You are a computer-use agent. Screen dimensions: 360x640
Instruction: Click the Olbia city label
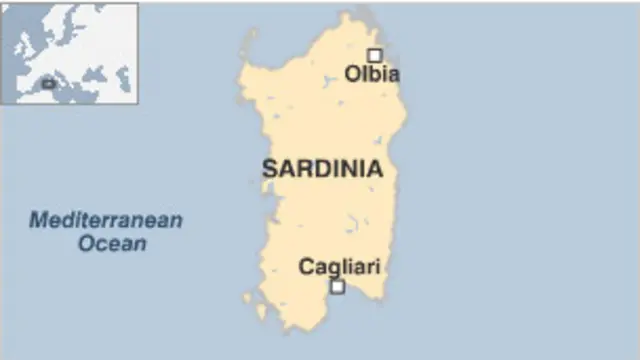(x=372, y=74)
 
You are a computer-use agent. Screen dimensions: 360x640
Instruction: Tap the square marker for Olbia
(x=374, y=55)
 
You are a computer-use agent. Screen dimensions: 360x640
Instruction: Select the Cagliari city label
(x=339, y=266)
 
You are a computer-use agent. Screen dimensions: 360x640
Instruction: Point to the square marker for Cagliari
(x=337, y=286)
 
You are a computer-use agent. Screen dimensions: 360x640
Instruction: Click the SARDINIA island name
(x=322, y=169)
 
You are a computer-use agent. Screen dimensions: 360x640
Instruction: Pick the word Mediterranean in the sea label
(x=105, y=220)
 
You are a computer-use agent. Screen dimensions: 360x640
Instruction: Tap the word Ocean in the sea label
(x=112, y=243)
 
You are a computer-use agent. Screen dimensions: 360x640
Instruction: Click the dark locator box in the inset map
(x=48, y=84)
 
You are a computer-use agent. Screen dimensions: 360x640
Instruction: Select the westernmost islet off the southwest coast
(x=247, y=297)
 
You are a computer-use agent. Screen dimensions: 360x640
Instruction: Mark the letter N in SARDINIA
(x=357, y=169)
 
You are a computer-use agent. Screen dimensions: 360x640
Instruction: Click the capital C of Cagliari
(x=306, y=266)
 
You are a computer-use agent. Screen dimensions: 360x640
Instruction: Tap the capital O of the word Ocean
(x=86, y=243)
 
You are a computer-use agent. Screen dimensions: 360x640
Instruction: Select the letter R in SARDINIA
(x=297, y=169)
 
